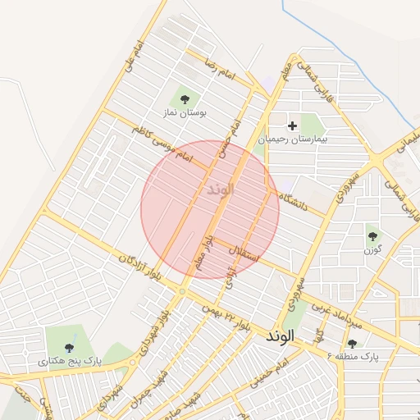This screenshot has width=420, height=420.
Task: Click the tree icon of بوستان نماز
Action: [184, 99]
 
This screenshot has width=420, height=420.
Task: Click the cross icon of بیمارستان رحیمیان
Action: [292, 126]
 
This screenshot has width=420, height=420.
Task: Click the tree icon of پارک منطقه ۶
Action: [353, 344]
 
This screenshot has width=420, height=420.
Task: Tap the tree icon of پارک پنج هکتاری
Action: [69, 347]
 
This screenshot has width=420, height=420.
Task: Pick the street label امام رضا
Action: [221, 71]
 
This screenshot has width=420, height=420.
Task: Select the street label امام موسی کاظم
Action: [161, 144]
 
